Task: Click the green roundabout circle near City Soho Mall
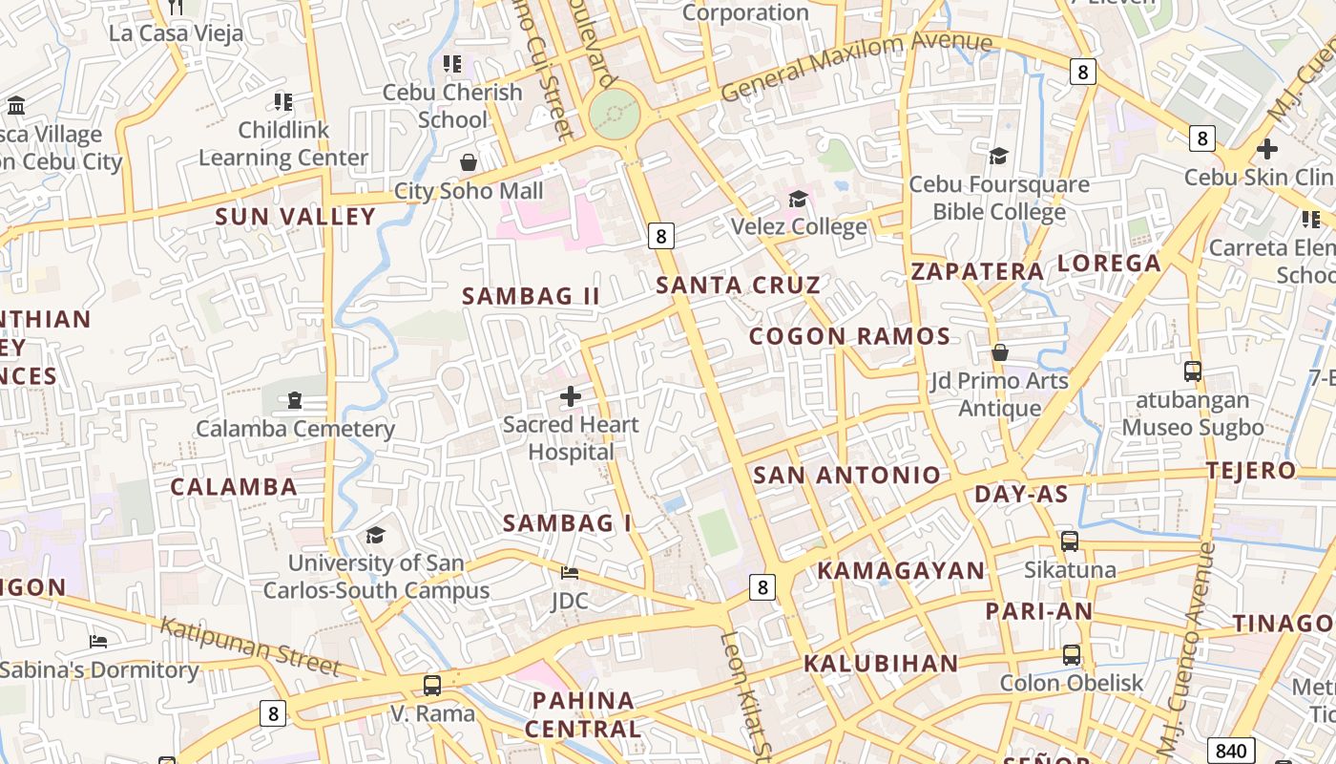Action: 615,114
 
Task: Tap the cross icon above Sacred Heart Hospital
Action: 571,395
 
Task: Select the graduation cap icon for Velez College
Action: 798,199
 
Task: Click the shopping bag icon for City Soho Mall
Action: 468,162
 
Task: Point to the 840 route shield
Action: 1231,750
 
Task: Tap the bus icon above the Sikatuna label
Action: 1070,541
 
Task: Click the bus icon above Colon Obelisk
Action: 1072,655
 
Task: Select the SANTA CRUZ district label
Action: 738,285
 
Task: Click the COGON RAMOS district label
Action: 849,336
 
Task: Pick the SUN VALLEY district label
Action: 296,217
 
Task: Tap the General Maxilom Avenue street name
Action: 856,64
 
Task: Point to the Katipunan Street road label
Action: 250,647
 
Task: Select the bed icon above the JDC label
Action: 570,573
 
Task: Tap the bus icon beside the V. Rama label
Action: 432,685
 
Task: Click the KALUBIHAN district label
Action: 881,664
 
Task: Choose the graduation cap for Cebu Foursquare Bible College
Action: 998,156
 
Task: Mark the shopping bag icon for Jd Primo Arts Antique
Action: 1000,352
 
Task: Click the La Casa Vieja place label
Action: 176,33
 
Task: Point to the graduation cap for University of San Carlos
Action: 375,535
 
